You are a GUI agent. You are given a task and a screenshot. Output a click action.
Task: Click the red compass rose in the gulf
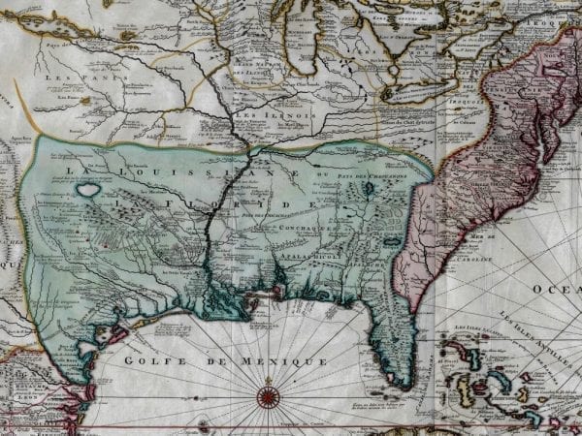(x=269, y=395)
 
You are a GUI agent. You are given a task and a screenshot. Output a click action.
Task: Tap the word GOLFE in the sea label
(x=153, y=360)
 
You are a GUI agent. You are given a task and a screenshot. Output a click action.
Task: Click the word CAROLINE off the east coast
(x=490, y=261)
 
